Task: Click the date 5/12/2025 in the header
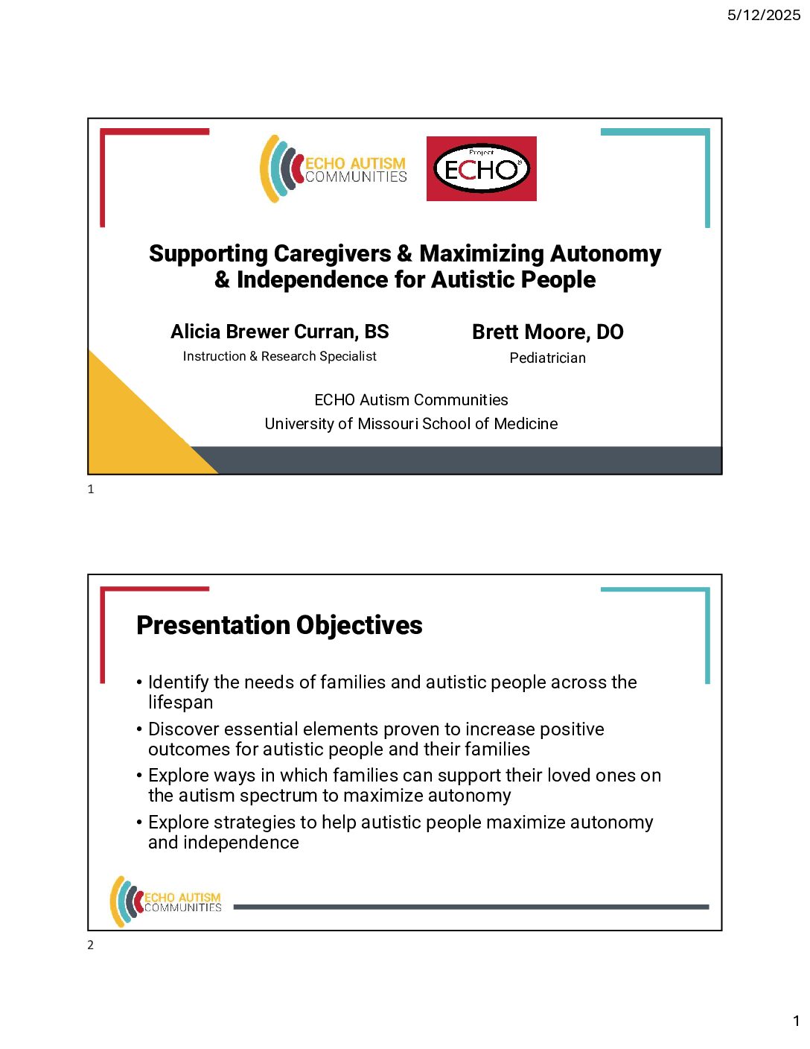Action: pos(763,15)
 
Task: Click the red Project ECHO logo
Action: pos(481,168)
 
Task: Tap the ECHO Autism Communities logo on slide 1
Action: pos(334,169)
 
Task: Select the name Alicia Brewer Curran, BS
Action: pos(279,332)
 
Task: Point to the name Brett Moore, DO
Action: pos(547,332)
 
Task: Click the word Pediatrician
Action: pos(547,358)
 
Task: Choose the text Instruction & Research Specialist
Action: pos(279,356)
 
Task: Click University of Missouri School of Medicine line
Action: pos(411,424)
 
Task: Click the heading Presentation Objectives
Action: pos(279,625)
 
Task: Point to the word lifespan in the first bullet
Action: pos(180,703)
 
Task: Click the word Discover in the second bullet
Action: pos(183,729)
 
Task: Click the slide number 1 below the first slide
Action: pos(91,489)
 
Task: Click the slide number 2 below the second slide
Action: pos(91,945)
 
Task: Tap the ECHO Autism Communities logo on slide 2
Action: pos(166,901)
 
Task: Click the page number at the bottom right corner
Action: pos(796,1021)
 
